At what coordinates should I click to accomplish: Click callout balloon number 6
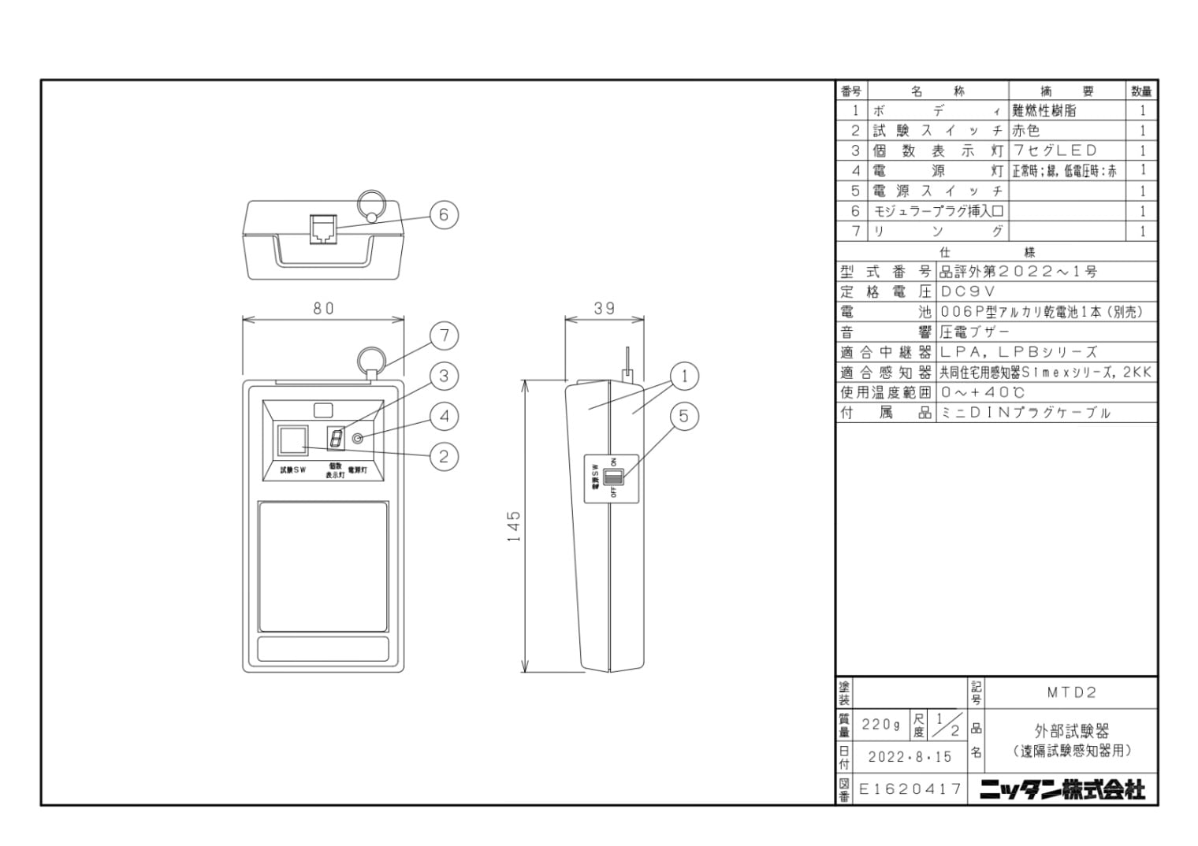(444, 214)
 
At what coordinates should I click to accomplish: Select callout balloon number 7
(445, 336)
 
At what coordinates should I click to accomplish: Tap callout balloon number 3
(445, 377)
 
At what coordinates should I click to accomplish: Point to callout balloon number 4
(445, 416)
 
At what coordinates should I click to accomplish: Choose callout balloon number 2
(445, 456)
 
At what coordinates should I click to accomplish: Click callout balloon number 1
(684, 377)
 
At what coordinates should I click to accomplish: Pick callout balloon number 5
(684, 416)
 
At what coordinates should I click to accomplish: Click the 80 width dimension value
(323, 309)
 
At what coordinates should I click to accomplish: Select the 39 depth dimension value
(605, 309)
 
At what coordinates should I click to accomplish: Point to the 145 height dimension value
(514, 526)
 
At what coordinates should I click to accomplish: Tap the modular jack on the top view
(322, 228)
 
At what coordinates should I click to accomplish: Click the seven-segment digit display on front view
(336, 439)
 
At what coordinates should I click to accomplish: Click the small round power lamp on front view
(359, 439)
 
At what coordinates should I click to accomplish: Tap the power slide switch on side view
(612, 476)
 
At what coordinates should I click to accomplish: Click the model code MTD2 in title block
(1071, 692)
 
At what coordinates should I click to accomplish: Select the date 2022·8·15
(910, 757)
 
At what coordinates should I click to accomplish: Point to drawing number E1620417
(910, 788)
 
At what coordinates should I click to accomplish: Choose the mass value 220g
(880, 724)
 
